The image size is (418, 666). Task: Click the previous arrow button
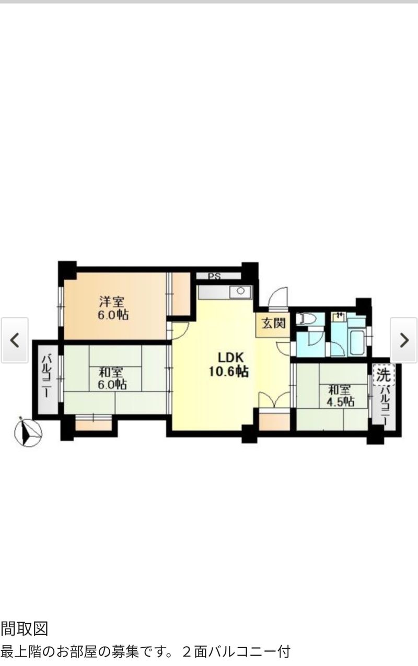[15, 340]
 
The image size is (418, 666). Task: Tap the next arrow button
[404, 340]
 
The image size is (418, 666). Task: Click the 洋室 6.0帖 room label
[113, 308]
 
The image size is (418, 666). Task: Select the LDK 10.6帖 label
[228, 364]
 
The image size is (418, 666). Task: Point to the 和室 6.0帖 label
[112, 378]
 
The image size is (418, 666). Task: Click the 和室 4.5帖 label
[340, 396]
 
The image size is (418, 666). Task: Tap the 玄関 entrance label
[273, 323]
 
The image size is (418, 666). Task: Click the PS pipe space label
[214, 276]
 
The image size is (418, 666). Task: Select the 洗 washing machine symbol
[384, 375]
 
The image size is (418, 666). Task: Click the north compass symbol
[28, 433]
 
